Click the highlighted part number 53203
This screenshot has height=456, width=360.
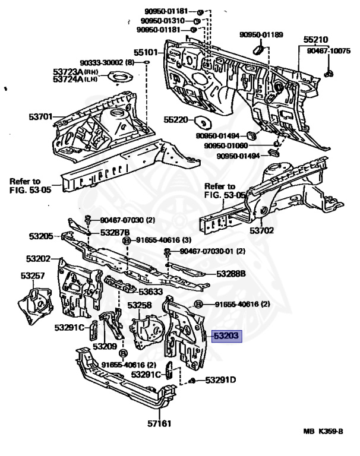(226, 336)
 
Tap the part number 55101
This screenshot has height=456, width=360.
(146, 52)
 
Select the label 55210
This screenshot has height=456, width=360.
(316, 40)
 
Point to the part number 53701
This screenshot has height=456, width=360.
(40, 116)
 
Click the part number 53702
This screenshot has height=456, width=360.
(262, 230)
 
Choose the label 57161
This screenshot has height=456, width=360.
(159, 423)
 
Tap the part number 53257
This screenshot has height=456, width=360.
(33, 275)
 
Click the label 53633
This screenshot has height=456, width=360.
(150, 292)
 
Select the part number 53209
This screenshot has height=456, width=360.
(105, 346)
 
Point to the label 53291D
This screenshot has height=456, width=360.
(220, 380)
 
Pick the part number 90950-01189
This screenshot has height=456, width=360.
(261, 34)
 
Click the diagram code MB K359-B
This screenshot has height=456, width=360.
(323, 431)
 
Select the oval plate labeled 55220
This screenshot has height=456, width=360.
(203, 122)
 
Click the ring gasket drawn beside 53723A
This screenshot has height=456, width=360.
(121, 78)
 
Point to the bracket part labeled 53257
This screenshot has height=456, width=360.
(35, 305)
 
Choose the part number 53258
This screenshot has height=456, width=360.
(140, 305)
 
